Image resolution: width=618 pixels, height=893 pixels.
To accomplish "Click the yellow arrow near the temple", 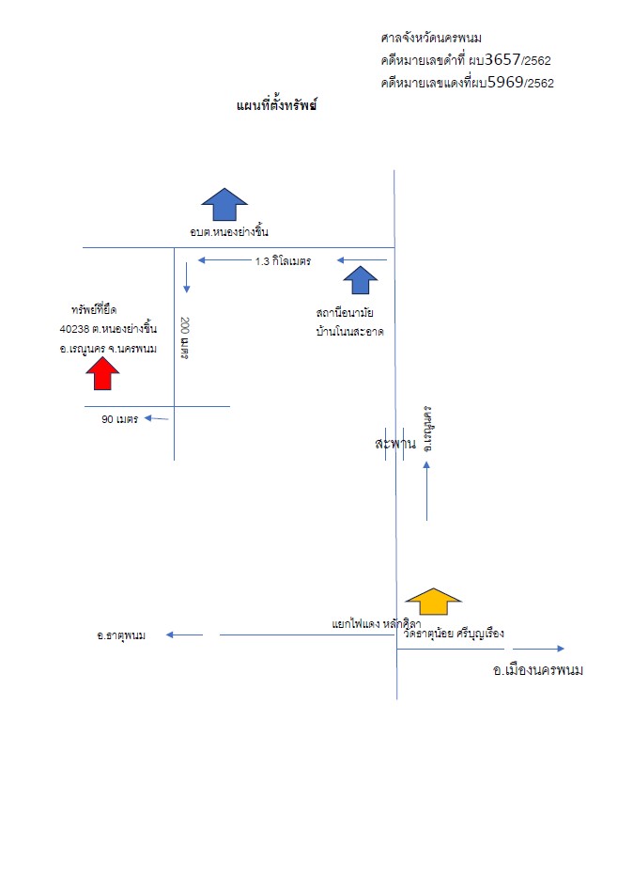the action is tap(434, 602).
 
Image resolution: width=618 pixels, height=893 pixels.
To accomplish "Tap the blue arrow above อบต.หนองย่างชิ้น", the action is tap(224, 204).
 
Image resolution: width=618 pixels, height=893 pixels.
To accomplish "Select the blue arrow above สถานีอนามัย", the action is tap(361, 279).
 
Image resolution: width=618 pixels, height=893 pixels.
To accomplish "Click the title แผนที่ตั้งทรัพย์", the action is tap(276, 105).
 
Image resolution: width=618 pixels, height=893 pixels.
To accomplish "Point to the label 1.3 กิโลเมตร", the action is tap(283, 261).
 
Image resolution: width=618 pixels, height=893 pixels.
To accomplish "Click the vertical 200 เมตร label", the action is tap(184, 337).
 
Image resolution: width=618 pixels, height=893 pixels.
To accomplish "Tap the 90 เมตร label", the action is tap(119, 419).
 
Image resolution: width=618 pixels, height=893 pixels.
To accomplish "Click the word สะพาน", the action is tap(394, 443).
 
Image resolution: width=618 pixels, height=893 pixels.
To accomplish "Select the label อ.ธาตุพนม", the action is tap(120, 635).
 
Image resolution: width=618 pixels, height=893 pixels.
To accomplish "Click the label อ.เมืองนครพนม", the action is tap(538, 670).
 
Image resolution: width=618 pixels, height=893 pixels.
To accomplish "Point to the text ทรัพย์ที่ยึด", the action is tap(94, 310).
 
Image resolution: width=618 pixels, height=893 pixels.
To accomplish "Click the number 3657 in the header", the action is tap(502, 59).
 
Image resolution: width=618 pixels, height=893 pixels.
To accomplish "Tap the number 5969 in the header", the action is tap(505, 82).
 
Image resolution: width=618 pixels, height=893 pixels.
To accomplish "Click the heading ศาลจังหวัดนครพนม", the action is tap(431, 39).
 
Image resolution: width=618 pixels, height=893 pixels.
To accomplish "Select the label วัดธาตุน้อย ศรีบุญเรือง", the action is tap(454, 634).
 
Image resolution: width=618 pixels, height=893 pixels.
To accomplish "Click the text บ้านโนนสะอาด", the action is tap(350, 332).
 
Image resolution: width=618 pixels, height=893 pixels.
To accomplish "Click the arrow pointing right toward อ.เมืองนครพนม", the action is tap(538, 648).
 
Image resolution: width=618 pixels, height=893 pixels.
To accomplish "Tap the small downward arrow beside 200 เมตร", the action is tap(186, 277).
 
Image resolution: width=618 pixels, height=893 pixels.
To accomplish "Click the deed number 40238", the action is tap(74, 329).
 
